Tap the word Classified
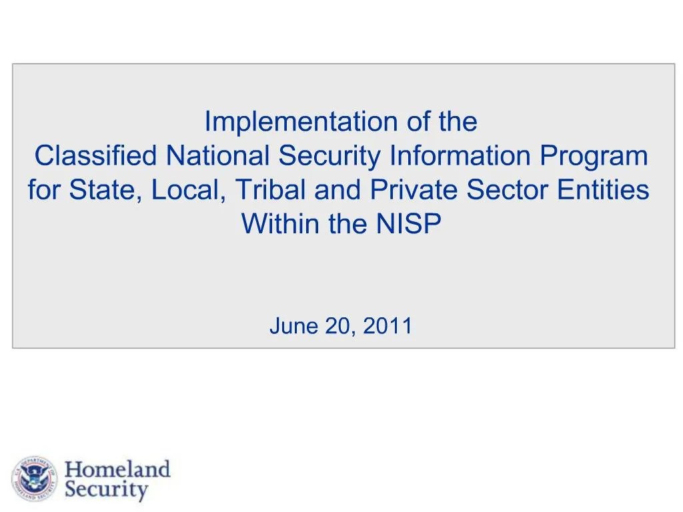(x=95, y=157)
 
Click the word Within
(x=281, y=225)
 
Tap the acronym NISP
(x=408, y=225)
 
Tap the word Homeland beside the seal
(x=117, y=469)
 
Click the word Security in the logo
(x=107, y=491)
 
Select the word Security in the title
(x=330, y=157)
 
